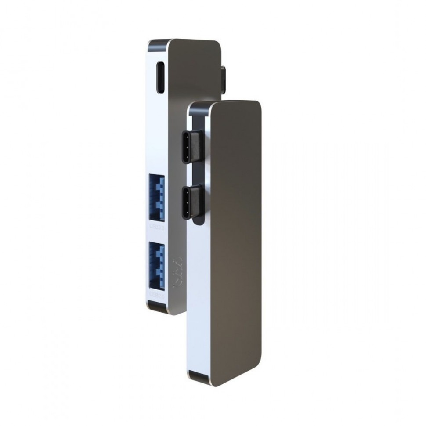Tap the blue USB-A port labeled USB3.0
point(157,198)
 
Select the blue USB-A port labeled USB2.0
point(157,265)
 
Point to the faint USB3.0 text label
point(157,227)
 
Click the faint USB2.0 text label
point(157,295)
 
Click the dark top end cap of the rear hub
point(158,43)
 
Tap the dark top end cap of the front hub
point(200,106)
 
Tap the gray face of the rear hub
point(193,70)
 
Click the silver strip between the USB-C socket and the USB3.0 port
point(158,132)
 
